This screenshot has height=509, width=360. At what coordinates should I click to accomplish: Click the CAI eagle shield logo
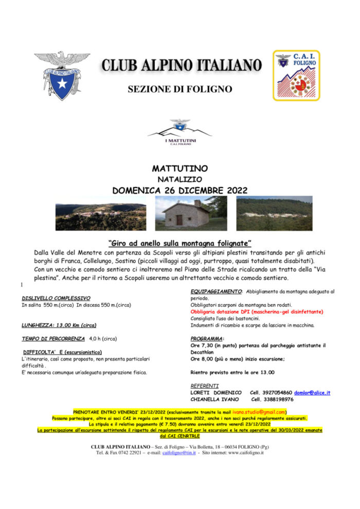[62, 75]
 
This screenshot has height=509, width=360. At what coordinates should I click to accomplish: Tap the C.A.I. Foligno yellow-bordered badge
[296, 75]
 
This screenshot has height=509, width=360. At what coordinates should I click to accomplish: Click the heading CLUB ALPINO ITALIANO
[181, 65]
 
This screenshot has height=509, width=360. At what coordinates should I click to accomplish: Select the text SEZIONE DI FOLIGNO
[179, 89]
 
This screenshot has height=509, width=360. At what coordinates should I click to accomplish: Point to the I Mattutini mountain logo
[179, 132]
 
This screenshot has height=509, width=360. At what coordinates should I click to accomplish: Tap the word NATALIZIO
[179, 179]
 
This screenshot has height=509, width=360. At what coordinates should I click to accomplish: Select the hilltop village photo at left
[101, 217]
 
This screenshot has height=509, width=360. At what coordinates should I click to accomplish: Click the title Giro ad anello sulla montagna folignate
[179, 243]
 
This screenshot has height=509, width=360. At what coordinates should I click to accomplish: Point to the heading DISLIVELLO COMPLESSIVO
[56, 298]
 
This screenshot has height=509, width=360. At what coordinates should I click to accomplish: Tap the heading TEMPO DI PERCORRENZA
[53, 339]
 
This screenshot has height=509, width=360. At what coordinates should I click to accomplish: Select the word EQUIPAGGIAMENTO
[216, 291]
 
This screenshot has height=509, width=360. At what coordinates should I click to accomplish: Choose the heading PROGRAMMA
[207, 339]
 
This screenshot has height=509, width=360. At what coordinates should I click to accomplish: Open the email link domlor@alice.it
[312, 393]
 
